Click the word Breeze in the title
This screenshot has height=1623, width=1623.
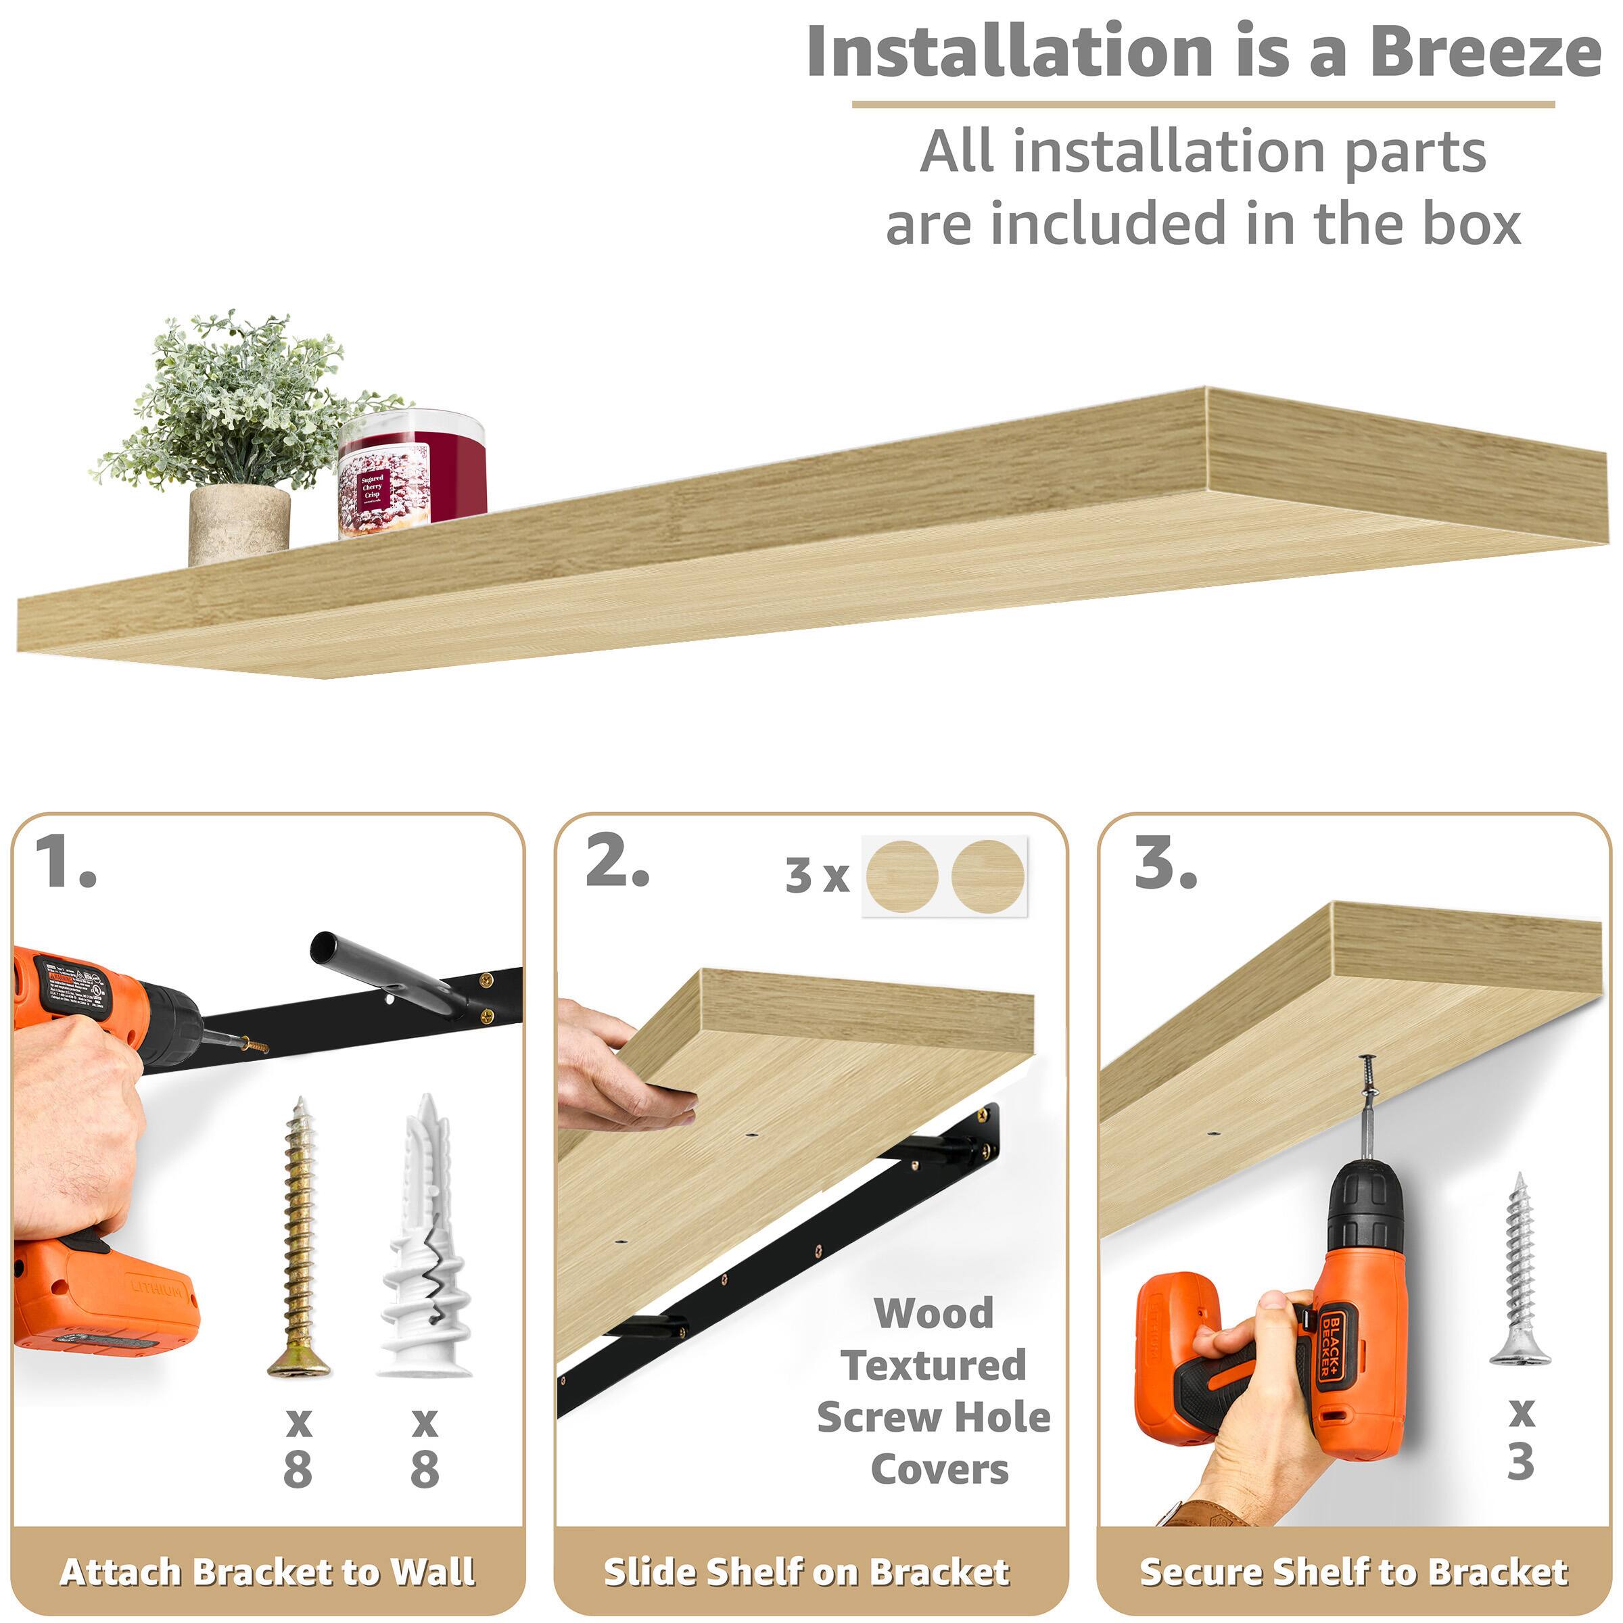pyautogui.click(x=1484, y=52)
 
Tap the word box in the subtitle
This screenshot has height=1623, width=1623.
pyautogui.click(x=1470, y=225)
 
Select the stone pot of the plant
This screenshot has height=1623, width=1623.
pyautogui.click(x=239, y=524)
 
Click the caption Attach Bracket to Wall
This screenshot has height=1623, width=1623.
pyautogui.click(x=267, y=1572)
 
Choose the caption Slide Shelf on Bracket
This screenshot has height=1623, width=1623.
pyautogui.click(x=807, y=1572)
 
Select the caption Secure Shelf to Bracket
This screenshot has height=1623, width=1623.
pyautogui.click(x=1352, y=1572)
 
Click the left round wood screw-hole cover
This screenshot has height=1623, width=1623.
pyautogui.click(x=901, y=875)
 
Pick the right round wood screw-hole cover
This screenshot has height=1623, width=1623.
pyautogui.click(x=987, y=875)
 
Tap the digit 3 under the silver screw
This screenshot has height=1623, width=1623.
pyautogui.click(x=1520, y=1461)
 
